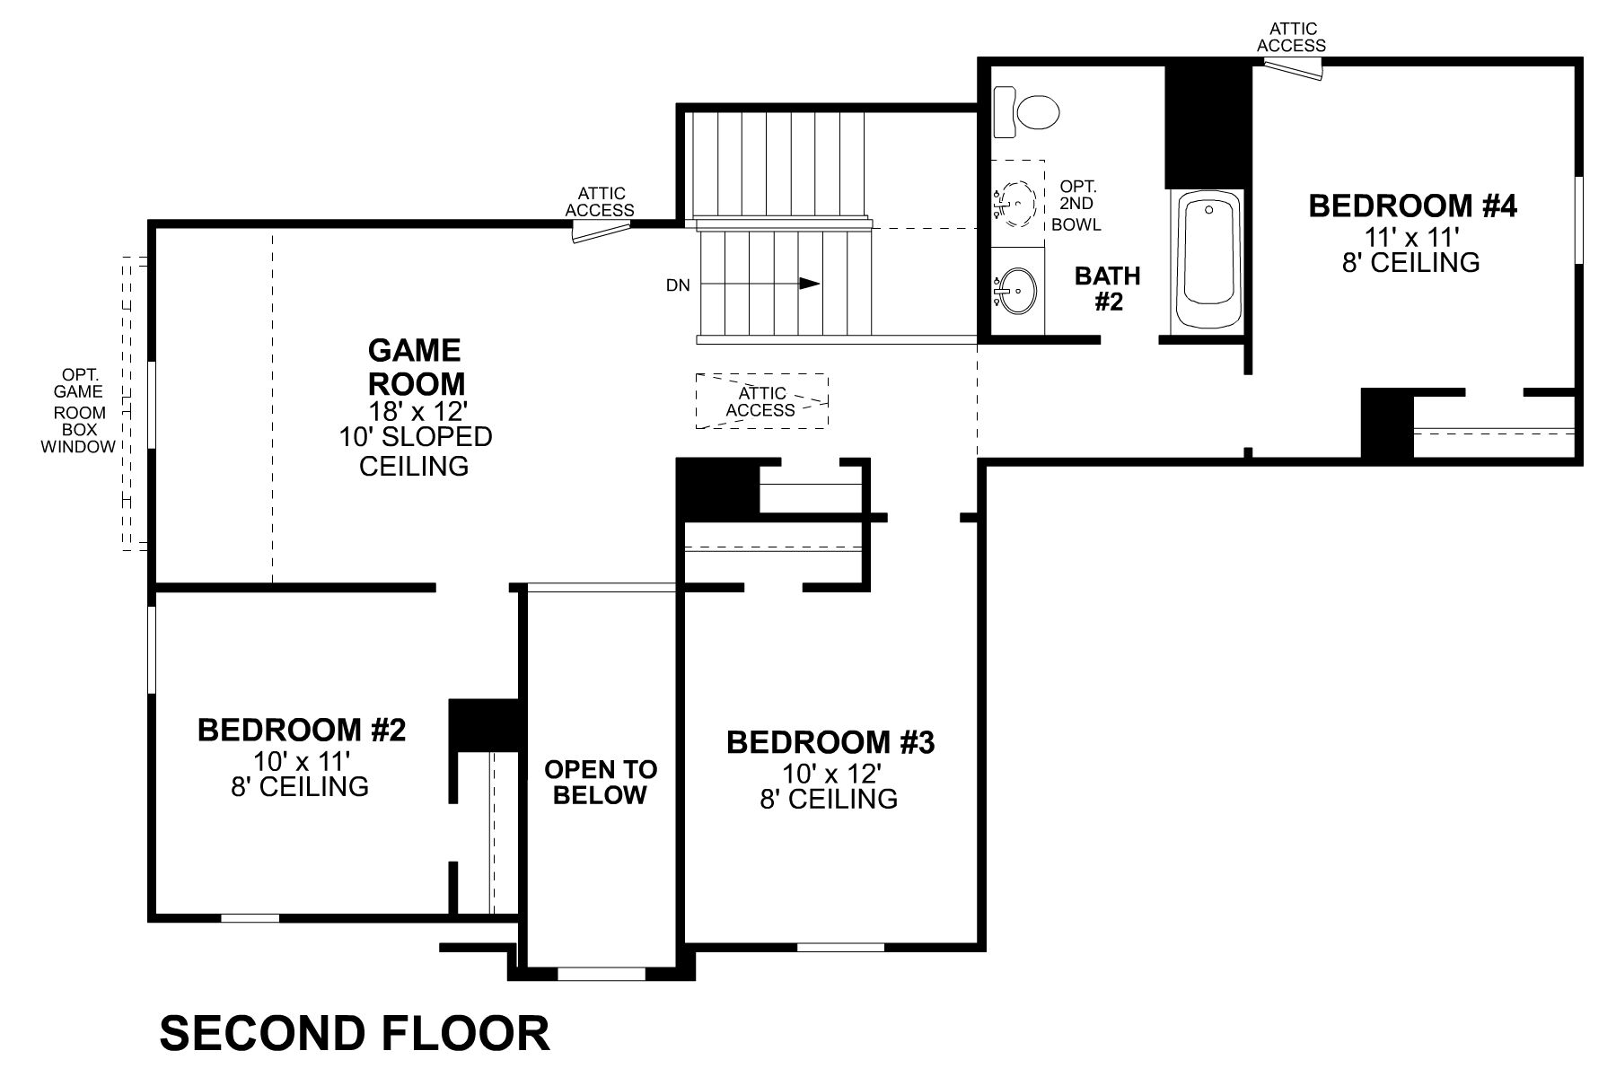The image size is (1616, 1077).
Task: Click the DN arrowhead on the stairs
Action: [x=810, y=284]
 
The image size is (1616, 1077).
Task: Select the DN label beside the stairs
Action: [x=679, y=285]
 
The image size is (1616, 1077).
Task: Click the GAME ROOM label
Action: [x=416, y=366]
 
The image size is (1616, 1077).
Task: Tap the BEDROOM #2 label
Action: [x=302, y=730]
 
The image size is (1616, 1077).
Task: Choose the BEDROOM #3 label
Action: [x=830, y=742]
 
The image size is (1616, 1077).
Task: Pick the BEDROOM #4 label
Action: [x=1412, y=206]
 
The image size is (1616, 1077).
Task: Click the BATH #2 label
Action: [x=1108, y=288]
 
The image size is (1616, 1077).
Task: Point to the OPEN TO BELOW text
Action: [x=601, y=782]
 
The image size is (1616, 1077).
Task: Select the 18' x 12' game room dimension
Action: [x=418, y=411]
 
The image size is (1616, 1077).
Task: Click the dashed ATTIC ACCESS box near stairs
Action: [x=761, y=401]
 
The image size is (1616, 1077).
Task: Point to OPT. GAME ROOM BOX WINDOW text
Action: [x=78, y=410]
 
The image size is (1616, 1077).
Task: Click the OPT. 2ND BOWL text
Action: [x=1076, y=206]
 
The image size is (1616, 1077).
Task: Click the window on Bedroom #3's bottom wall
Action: [x=840, y=946]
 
